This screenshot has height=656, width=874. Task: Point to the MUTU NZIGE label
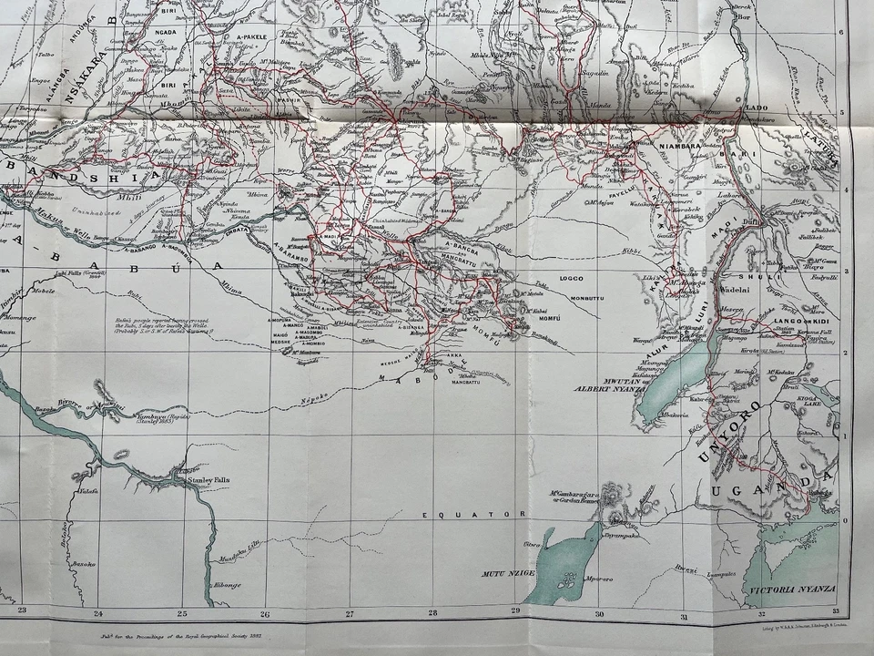point(505,576)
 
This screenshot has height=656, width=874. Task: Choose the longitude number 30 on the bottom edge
point(599,612)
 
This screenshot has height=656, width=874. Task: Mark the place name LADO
point(757,108)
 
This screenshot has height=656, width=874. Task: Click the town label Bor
point(743,16)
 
